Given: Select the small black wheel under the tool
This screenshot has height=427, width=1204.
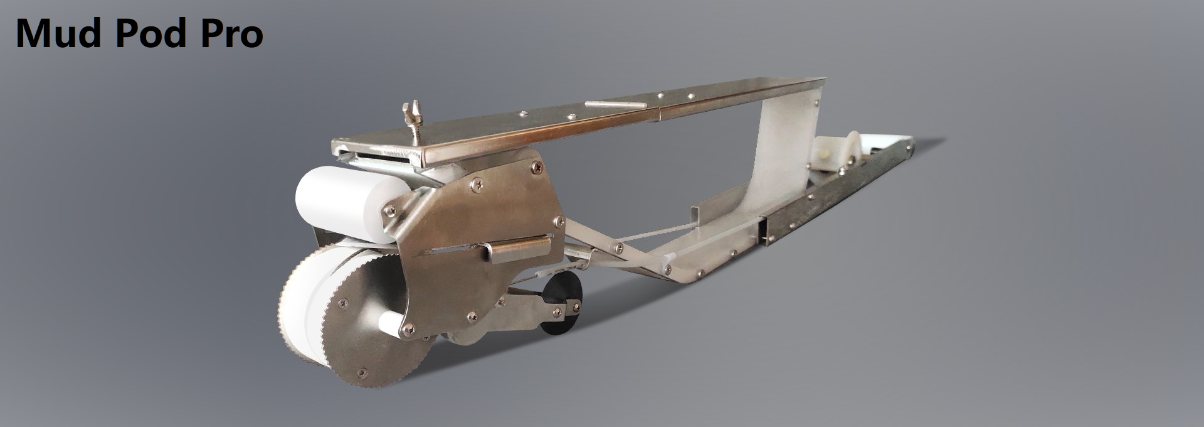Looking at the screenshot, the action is point(561,308).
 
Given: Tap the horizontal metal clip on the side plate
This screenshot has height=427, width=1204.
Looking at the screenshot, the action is point(515,249).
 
